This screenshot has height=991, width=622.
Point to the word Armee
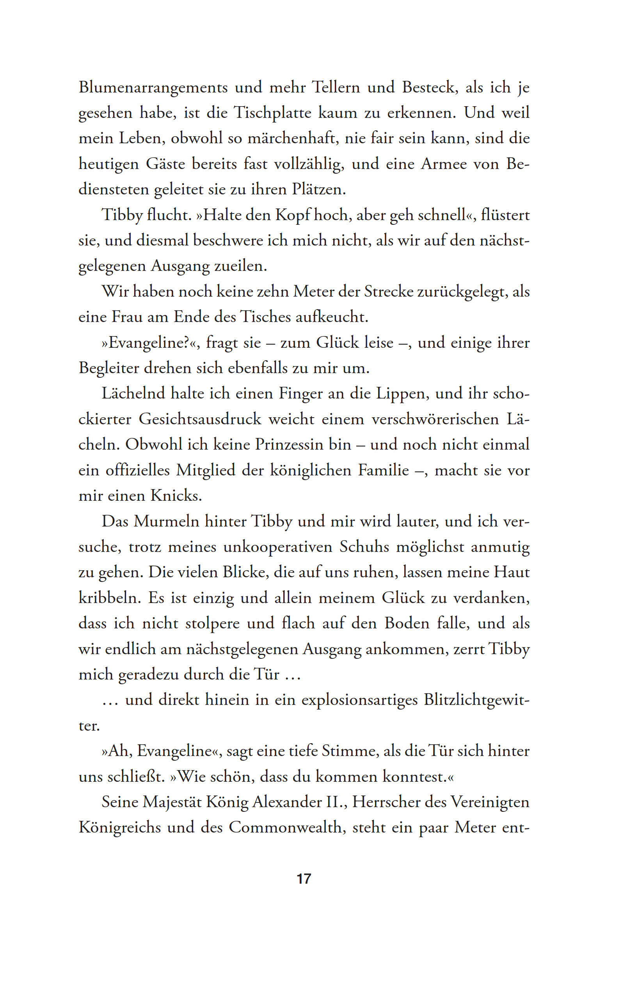pos(443,164)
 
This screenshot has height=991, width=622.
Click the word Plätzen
pos(319,190)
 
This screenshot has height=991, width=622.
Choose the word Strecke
pos(389,292)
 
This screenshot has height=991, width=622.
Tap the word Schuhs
pos(364,547)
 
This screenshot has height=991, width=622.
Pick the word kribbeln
pos(109,598)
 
